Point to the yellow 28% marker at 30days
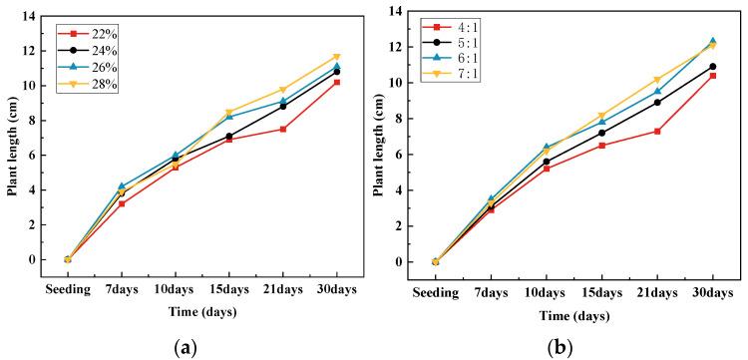[x=336, y=56]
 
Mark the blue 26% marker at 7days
[x=122, y=186]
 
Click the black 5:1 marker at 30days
[x=712, y=67]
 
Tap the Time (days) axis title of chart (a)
[x=201, y=311]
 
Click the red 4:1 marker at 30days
[x=712, y=76]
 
